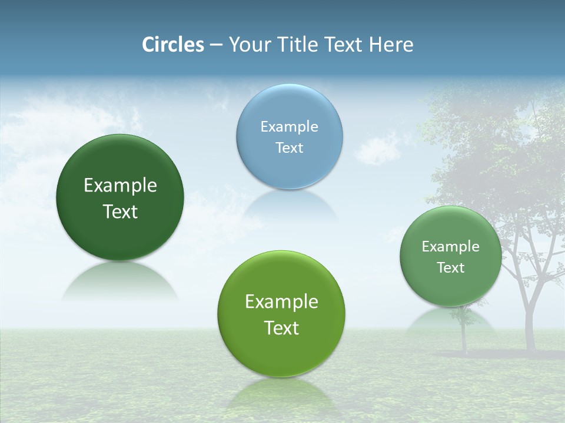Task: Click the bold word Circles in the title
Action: point(172,45)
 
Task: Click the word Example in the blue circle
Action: point(290,127)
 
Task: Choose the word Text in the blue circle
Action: point(290,147)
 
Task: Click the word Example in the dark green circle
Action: point(120,186)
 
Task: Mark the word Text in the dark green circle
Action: point(120,211)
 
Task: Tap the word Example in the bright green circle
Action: point(281,302)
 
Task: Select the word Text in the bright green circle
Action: point(281,328)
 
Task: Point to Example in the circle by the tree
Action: point(451,247)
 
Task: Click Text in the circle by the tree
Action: point(451,268)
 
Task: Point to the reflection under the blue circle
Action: point(290,206)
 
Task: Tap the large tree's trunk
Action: point(530,317)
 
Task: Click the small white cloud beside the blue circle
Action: point(377,150)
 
